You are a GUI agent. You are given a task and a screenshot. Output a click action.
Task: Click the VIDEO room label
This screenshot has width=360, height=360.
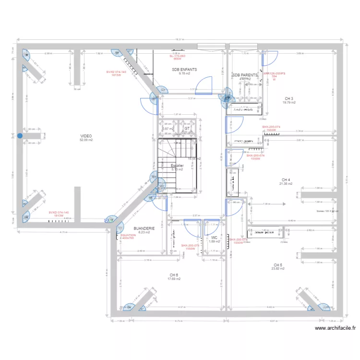point(86,136)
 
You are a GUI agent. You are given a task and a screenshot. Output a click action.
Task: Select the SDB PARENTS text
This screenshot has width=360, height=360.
point(245,75)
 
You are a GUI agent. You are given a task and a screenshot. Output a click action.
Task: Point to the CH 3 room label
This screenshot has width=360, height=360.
point(288,98)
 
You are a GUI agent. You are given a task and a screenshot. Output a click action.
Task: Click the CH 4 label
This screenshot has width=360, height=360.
point(286,180)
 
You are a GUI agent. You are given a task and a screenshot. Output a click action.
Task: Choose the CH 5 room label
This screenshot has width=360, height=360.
point(278,264)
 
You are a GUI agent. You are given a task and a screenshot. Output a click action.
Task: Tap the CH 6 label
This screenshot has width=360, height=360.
point(173,275)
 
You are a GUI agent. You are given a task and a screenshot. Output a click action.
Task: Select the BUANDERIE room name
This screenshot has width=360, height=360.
point(144,228)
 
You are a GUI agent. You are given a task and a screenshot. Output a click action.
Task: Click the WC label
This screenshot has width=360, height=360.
point(214,237)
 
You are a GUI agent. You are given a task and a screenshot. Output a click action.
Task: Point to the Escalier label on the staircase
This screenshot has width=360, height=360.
point(178,165)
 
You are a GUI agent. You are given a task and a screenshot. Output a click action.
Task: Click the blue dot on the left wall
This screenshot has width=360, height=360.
point(20,136)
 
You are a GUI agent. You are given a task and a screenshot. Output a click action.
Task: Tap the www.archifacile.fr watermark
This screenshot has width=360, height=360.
point(336,328)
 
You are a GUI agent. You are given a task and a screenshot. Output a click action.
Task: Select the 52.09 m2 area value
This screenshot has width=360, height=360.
point(86,140)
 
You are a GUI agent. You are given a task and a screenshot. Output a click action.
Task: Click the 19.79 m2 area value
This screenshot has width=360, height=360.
point(289,102)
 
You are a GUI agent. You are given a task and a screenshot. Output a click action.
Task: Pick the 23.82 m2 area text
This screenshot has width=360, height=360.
point(278,269)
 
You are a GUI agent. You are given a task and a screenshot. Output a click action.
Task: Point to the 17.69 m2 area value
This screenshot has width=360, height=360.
point(173,279)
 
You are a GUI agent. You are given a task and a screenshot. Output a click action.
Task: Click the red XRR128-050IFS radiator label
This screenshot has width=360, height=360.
point(274,73)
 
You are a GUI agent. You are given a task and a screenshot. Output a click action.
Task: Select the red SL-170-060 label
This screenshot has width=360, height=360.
point(177,56)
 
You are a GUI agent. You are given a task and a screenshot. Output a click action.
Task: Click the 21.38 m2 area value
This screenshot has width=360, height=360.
point(286,184)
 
